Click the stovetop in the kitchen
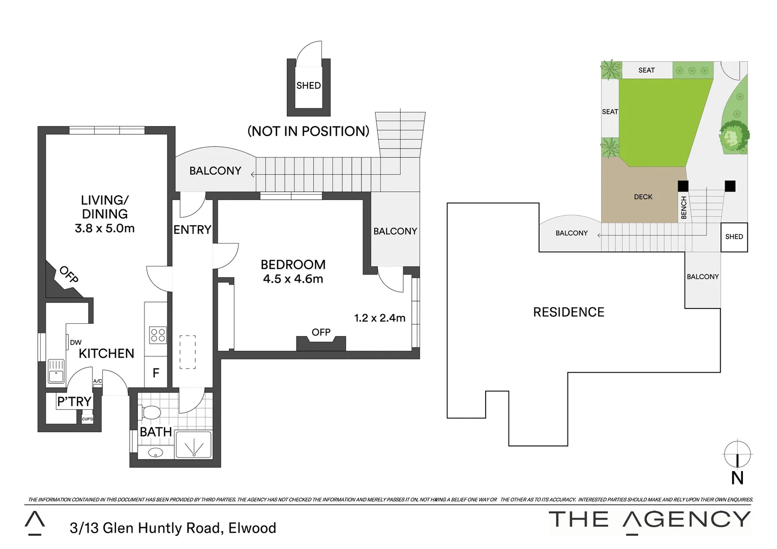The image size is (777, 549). [158, 335]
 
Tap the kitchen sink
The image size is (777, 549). [55, 372]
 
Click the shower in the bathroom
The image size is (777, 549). [193, 445]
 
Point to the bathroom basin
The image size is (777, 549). [156, 452]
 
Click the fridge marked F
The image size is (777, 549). [156, 373]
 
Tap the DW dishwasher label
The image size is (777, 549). [76, 343]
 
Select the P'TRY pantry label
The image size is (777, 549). [74, 402]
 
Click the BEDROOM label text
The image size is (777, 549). [293, 264]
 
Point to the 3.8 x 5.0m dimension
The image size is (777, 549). [105, 228]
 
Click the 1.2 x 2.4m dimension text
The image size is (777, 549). [379, 318]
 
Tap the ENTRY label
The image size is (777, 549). [192, 230]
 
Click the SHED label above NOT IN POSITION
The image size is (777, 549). [309, 85]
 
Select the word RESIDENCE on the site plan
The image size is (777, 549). [569, 312]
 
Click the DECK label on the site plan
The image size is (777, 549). [643, 197]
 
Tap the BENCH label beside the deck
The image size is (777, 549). [683, 207]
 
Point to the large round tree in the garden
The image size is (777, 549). [734, 136]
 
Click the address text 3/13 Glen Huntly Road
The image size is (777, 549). [173, 528]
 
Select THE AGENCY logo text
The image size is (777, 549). [649, 520]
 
